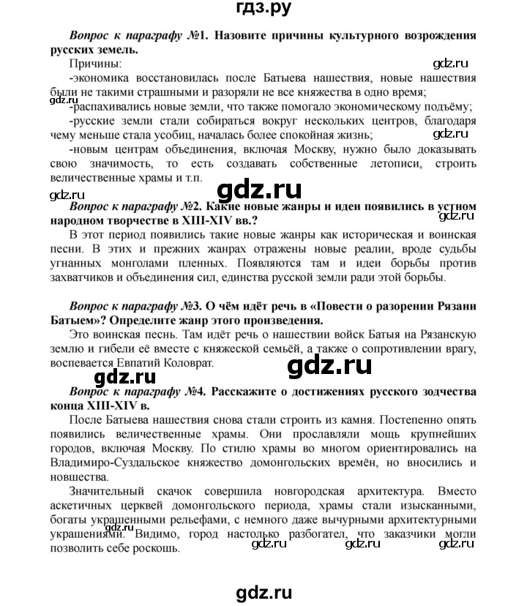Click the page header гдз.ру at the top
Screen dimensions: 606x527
tap(263, 10)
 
